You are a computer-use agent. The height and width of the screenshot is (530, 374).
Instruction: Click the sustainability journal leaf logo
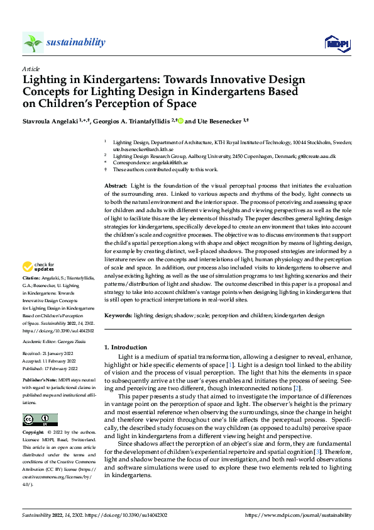click(33, 43)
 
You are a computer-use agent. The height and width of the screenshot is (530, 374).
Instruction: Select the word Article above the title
click(31, 69)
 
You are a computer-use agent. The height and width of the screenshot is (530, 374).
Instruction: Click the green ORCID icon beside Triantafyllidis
click(180, 121)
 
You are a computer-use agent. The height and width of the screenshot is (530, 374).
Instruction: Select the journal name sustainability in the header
click(75, 42)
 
